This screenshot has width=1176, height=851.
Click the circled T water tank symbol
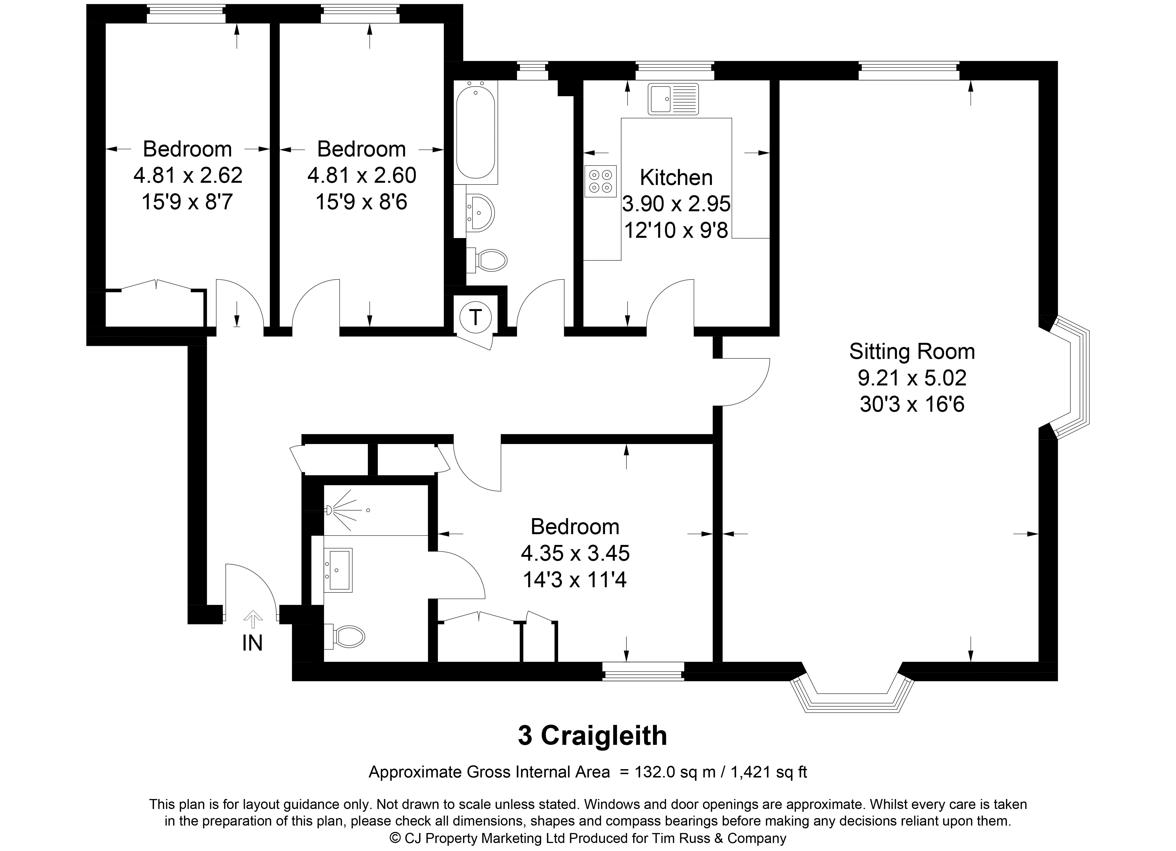(x=475, y=316)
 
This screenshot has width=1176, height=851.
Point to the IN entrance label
(x=253, y=643)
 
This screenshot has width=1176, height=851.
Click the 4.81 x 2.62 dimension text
(x=188, y=175)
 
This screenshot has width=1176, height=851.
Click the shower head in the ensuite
(x=330, y=510)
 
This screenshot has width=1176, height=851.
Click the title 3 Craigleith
(x=592, y=735)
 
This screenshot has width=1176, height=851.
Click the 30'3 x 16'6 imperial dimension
(x=912, y=404)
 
